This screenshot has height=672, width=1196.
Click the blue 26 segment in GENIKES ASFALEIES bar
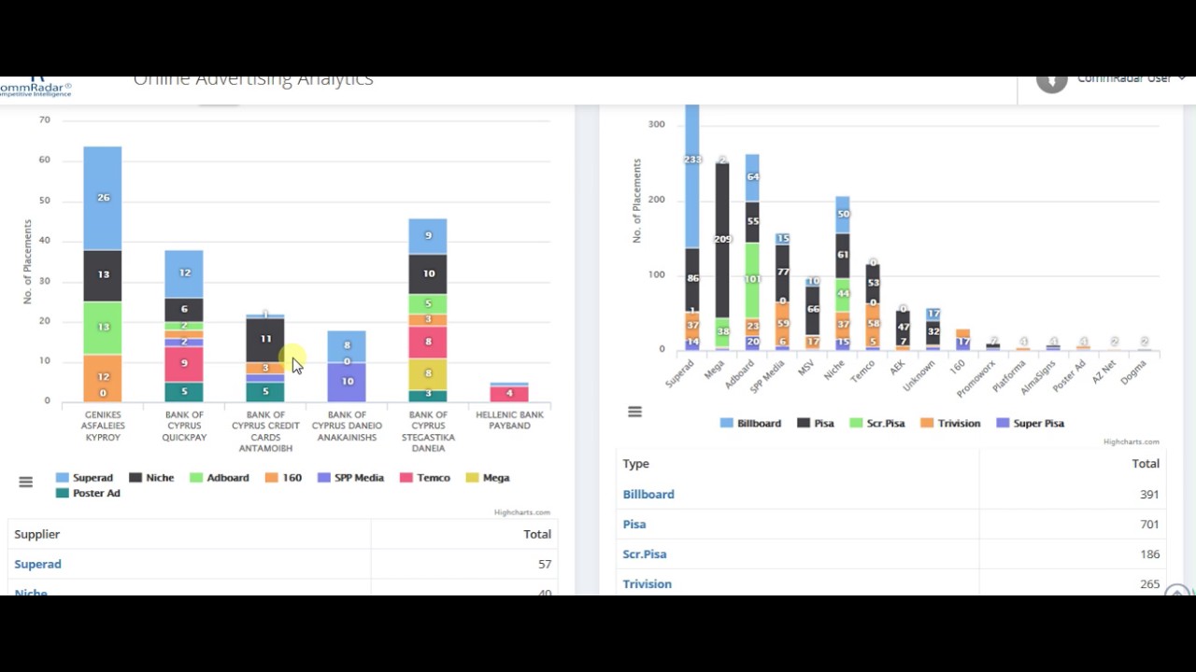[x=103, y=198]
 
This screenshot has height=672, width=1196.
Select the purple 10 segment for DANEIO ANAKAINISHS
[x=347, y=382]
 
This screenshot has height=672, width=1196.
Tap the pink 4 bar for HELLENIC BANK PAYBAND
[x=509, y=393]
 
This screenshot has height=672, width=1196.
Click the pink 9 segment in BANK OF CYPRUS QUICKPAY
[x=184, y=363]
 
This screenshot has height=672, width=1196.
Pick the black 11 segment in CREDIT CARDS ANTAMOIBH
[x=265, y=340]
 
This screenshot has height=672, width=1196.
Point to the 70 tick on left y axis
[x=44, y=120]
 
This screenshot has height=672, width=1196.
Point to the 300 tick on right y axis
[x=656, y=124]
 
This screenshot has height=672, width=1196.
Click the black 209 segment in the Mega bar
[x=721, y=240]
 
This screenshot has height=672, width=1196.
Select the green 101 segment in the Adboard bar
[x=752, y=279]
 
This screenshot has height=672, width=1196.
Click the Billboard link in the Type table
[x=648, y=495]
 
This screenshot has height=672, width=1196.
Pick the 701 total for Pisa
[x=1149, y=525]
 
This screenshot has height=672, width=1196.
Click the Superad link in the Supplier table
[x=37, y=565]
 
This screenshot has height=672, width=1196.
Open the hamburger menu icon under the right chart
[x=634, y=412]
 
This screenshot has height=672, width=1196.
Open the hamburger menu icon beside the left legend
[x=25, y=482]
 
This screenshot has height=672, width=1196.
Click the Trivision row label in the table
[x=647, y=584]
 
